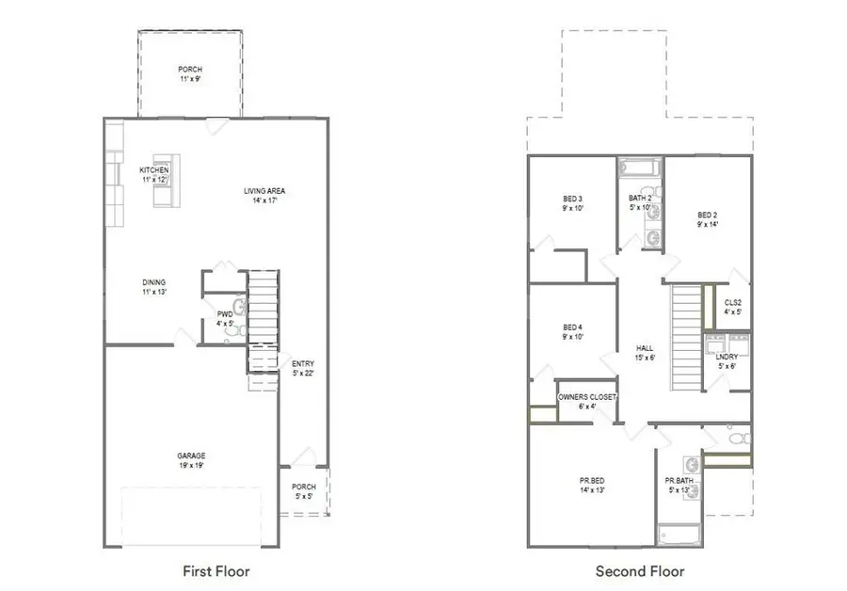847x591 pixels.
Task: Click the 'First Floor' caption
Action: (216, 570)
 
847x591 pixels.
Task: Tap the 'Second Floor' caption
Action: (639, 570)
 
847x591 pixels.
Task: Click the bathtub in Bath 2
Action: (640, 168)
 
